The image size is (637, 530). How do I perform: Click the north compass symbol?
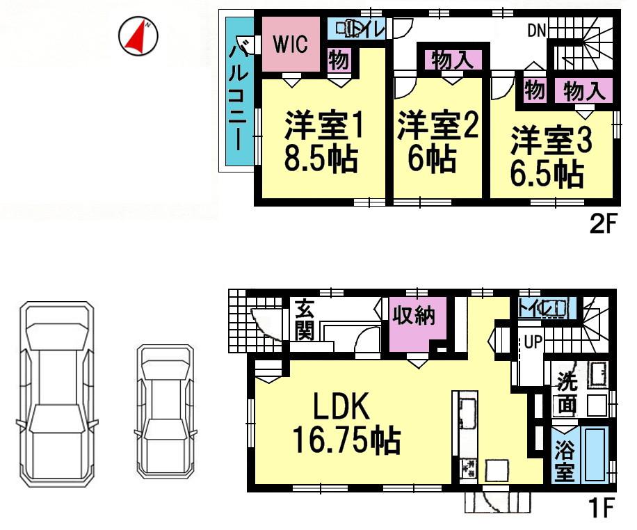(140, 35)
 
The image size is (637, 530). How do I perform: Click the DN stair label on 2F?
(536, 30)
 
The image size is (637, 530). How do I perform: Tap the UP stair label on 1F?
(533, 342)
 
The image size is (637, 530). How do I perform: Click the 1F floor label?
(602, 510)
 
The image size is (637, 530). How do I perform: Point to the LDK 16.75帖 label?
(345, 421)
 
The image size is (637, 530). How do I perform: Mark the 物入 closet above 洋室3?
(583, 90)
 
